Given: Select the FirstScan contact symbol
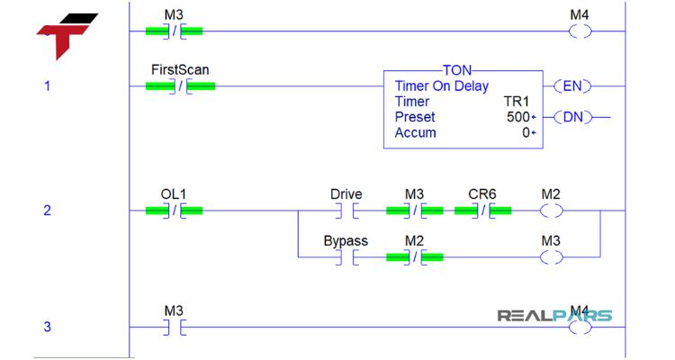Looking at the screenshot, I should tap(180, 86).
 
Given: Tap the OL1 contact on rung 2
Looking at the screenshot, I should tap(174, 211).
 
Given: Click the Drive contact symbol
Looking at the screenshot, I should tap(346, 211).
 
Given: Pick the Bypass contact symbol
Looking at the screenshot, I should tap(346, 257).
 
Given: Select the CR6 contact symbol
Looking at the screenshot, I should tap(482, 211).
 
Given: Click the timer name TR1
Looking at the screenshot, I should tap(520, 102).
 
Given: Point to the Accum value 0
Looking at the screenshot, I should tap(527, 132).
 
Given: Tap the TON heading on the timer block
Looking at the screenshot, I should tap(463, 70).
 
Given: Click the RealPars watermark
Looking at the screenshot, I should tap(554, 316).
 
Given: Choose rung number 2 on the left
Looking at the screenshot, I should tap(48, 211).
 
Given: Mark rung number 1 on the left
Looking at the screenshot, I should tap(48, 86).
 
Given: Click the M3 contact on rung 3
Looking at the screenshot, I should tap(174, 328).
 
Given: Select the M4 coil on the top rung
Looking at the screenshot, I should tap(580, 31).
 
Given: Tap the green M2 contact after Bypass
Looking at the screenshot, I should tap(414, 257).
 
